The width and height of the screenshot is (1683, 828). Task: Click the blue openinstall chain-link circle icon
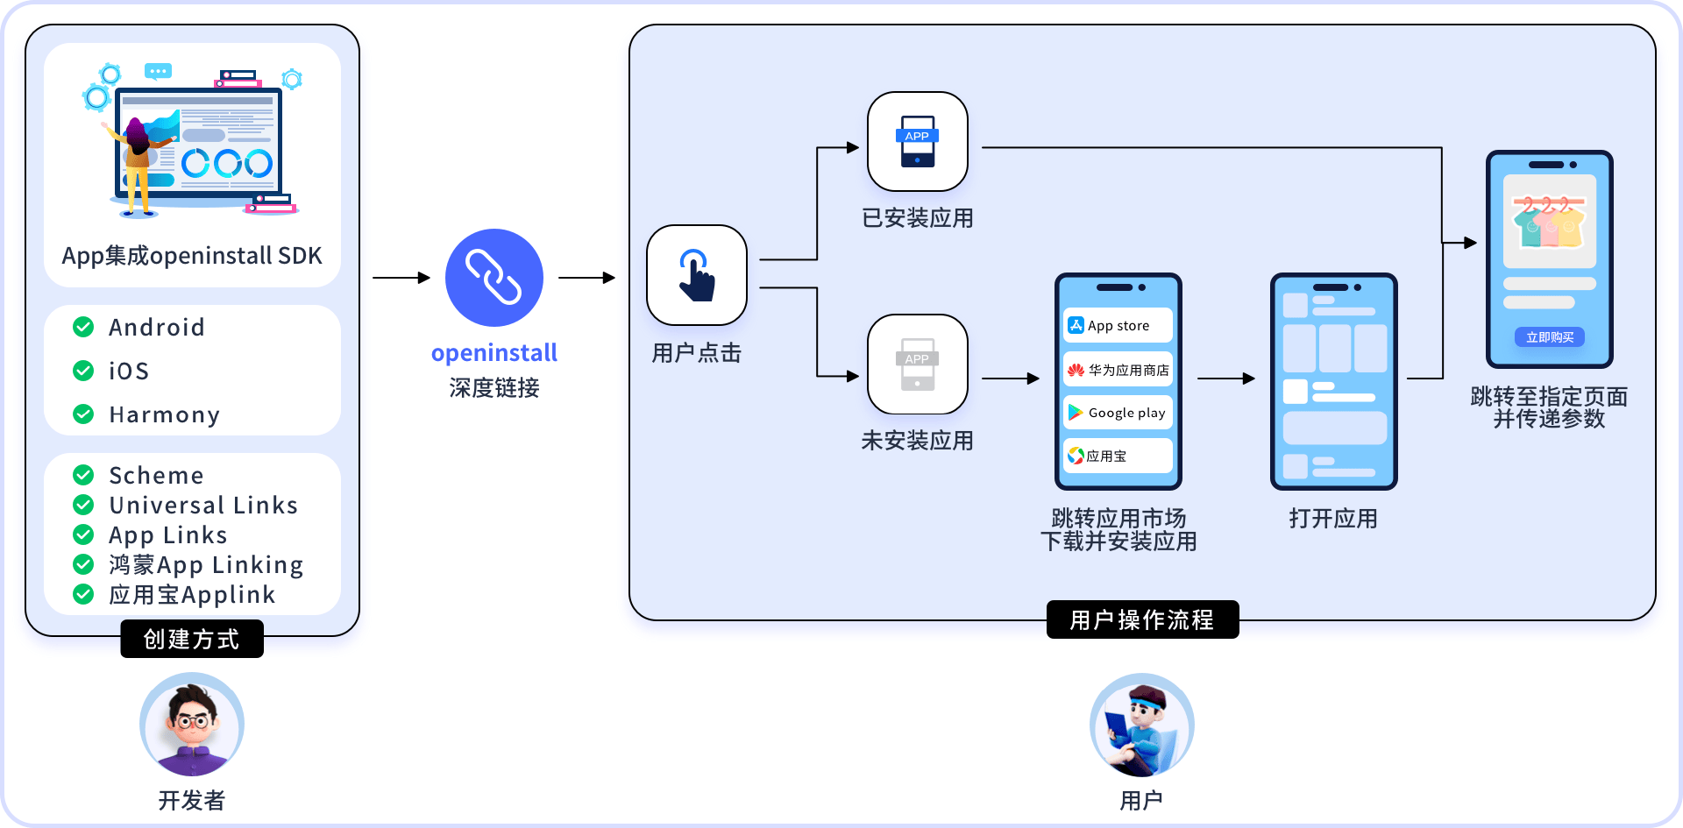(x=494, y=278)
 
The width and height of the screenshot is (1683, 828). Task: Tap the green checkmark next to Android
(x=83, y=327)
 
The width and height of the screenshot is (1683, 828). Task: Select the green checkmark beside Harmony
(x=83, y=414)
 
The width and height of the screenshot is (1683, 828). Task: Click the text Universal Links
(x=203, y=505)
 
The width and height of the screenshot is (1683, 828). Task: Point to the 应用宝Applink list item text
(x=192, y=595)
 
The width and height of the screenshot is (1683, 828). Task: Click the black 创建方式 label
(x=192, y=639)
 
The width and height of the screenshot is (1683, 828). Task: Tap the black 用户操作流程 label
(x=1142, y=619)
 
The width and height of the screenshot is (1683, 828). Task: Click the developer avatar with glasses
(x=192, y=725)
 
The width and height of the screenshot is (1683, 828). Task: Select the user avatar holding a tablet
(x=1142, y=725)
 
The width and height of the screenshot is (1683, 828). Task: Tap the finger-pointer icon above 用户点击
(x=697, y=275)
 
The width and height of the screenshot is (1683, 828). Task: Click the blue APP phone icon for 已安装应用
(x=918, y=141)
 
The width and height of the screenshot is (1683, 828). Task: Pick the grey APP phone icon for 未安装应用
(x=918, y=364)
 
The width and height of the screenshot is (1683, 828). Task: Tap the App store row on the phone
(x=1118, y=325)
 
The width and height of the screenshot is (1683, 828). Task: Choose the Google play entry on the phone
(x=1118, y=412)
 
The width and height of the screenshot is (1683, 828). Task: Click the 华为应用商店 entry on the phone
(x=1118, y=370)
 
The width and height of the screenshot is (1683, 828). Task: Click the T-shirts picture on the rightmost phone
(x=1550, y=222)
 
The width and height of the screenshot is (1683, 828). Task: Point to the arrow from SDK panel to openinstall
(x=401, y=278)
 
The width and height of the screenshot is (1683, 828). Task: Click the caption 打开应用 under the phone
(x=1333, y=519)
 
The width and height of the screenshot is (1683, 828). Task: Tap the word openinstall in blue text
(x=494, y=353)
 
